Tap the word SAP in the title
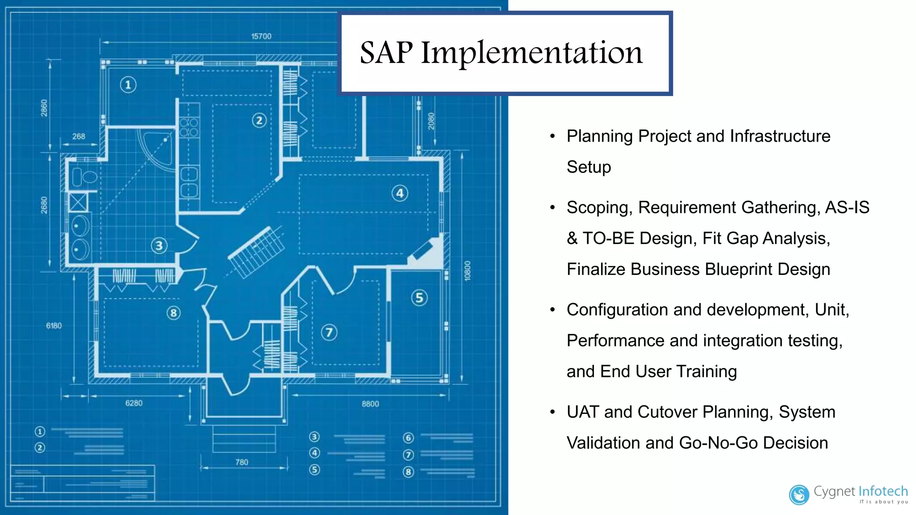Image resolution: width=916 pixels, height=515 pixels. pos(386,53)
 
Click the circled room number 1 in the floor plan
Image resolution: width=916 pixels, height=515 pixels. pos(128,84)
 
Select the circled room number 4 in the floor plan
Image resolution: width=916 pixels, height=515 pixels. pos(399,193)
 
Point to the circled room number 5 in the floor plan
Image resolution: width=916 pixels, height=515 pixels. pos(419,298)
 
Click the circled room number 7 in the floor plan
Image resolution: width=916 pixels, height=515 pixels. pos(329,332)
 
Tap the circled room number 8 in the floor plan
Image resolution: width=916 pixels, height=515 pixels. pos(174,313)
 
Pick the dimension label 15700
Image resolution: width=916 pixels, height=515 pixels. pos(261,36)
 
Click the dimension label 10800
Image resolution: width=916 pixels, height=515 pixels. pos(467,270)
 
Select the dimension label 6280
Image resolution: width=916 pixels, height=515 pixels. pos(134,403)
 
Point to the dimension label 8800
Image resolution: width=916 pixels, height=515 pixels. pos(370,404)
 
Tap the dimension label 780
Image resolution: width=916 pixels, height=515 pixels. pos(242,462)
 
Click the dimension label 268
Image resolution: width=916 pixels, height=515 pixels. pos(79,136)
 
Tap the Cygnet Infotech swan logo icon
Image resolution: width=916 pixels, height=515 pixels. pos(799,494)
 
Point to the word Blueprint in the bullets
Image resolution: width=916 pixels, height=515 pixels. pos(738,269)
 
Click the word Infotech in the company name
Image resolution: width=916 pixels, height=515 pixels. pos(883,491)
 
